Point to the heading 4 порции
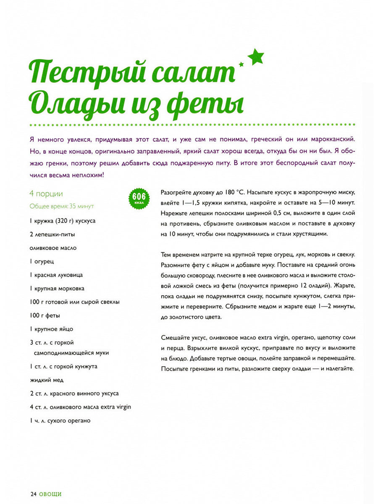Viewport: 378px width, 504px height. tap(46, 194)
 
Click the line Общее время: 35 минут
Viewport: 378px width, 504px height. tap(62, 206)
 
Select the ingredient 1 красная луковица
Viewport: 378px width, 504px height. tap(56, 275)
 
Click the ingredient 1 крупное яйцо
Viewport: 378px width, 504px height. tap(54, 329)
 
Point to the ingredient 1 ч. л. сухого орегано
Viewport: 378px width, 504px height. tap(60, 420)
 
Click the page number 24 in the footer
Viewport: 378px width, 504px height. tap(33, 494)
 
